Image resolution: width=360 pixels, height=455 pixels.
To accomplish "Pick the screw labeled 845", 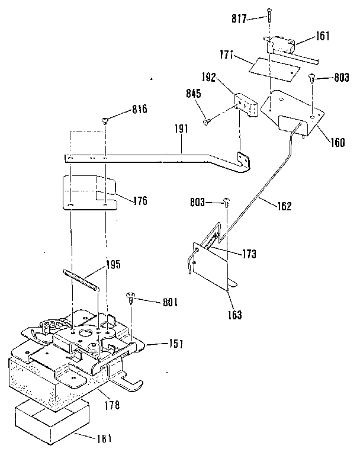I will [207, 122].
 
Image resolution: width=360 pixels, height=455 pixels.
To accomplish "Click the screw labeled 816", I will [105, 121].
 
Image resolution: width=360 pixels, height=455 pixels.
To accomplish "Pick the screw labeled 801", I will [131, 297].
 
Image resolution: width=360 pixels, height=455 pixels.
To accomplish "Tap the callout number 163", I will [235, 315].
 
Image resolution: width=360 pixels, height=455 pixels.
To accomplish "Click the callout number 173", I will [249, 254].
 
